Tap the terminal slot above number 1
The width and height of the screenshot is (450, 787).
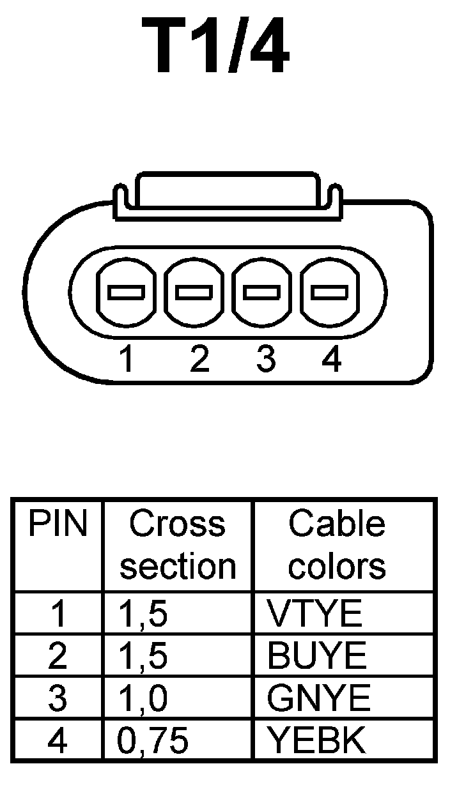(x=127, y=293)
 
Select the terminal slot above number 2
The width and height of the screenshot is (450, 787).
(x=194, y=293)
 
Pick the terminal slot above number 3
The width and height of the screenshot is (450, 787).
(x=262, y=293)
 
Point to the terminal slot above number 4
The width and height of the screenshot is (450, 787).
(x=329, y=293)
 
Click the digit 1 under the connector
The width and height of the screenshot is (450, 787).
(x=128, y=360)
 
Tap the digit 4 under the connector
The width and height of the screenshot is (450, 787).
(x=331, y=360)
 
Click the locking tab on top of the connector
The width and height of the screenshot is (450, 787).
(x=228, y=190)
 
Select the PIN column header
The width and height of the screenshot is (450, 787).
(x=58, y=524)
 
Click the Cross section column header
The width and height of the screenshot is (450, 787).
(x=178, y=545)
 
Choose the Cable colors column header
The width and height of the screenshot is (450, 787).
(x=337, y=545)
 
